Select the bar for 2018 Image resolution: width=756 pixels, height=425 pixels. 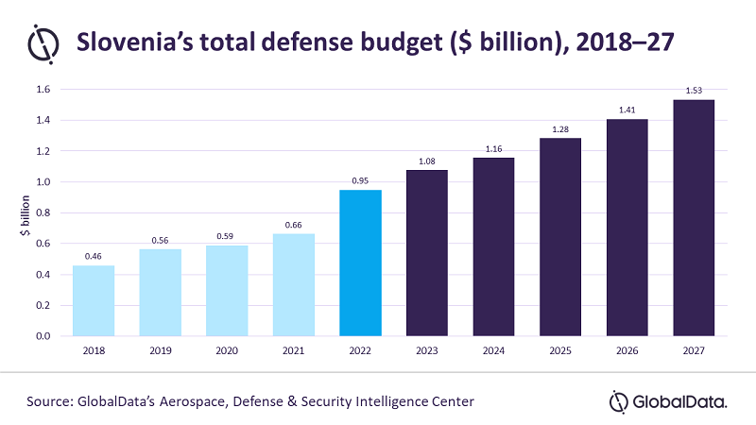click(x=94, y=300)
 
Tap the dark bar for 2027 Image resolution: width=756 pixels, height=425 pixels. click(x=693, y=217)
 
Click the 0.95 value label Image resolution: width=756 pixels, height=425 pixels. click(x=360, y=180)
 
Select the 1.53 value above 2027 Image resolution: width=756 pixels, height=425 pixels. click(x=693, y=91)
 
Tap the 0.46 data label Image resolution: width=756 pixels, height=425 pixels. click(x=94, y=256)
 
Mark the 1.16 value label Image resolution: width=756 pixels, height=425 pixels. click(x=493, y=148)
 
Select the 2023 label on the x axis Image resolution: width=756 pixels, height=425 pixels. click(x=427, y=351)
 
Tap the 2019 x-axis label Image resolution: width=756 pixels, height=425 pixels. click(x=161, y=351)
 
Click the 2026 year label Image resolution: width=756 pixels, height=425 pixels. click(x=627, y=351)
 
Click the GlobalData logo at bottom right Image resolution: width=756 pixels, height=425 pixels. click(x=668, y=401)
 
